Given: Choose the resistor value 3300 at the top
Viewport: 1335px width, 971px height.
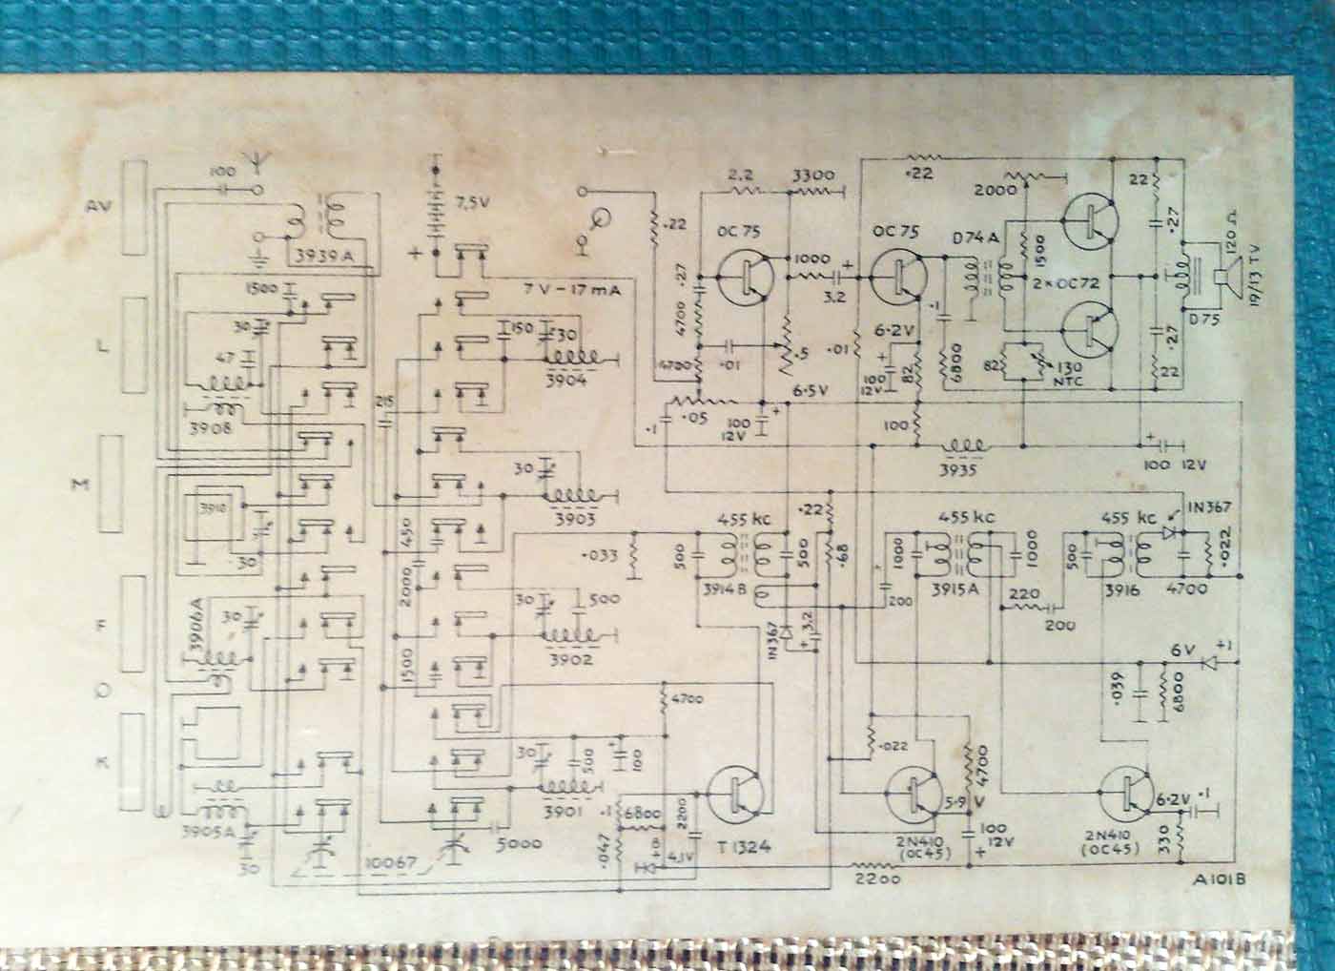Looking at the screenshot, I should (812, 176).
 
